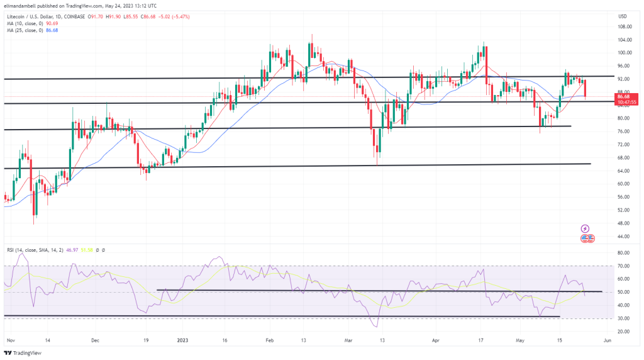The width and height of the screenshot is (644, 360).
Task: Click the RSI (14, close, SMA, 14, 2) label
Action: [x=31, y=250]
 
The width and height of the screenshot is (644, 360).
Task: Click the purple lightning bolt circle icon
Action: [x=585, y=228]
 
